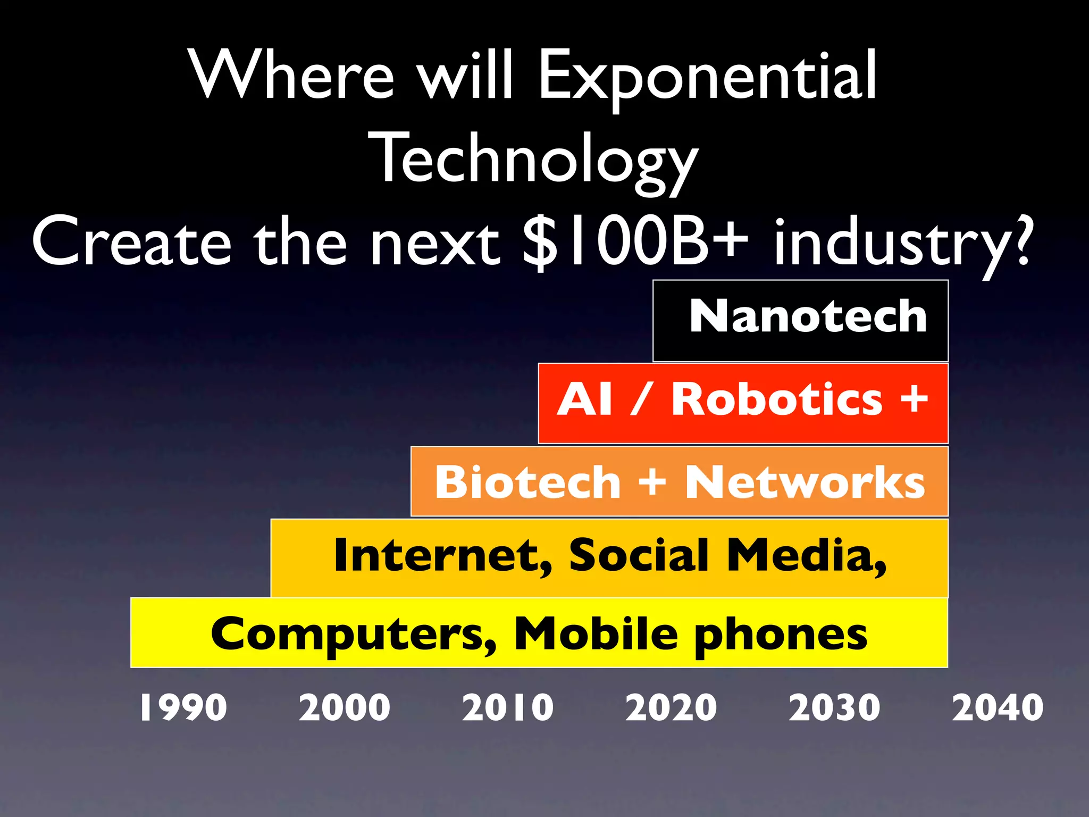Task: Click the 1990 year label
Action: (183, 707)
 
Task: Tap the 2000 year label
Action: (345, 707)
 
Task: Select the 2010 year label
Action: (508, 707)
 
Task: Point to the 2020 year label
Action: (671, 707)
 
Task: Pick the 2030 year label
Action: (834, 707)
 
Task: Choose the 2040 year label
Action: (998, 707)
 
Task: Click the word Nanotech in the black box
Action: (808, 316)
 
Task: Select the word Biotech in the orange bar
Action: (527, 482)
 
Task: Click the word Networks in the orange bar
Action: (805, 482)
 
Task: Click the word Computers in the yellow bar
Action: (354, 634)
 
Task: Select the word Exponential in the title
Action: (707, 76)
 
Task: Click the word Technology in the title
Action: (533, 160)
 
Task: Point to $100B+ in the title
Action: (634, 242)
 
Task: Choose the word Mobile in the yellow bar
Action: (596, 633)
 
